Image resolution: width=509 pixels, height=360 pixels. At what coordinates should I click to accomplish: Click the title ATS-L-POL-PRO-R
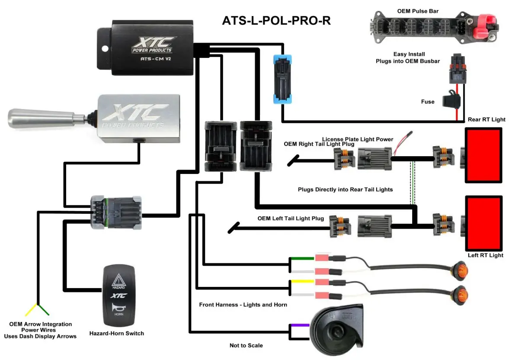pos(276,20)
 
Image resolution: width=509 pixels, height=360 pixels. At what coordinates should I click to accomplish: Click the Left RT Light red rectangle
pos(484,223)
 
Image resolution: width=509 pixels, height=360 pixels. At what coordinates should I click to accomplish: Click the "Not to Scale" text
pos(246,345)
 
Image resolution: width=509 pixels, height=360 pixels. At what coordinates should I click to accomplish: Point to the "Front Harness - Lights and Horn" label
pos(243,305)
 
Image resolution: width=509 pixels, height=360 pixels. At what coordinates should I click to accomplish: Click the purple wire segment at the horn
pos(300,325)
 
